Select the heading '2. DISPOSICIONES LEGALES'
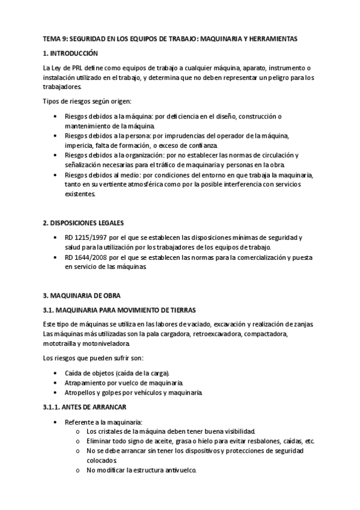[82, 223]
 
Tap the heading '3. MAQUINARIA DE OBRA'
[81, 295]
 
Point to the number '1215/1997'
[91, 238]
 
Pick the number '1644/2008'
[91, 257]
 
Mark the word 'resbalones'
[261, 441]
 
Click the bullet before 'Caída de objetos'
[56, 373]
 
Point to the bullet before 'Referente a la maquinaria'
[56, 422]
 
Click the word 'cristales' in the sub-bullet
[111, 431]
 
